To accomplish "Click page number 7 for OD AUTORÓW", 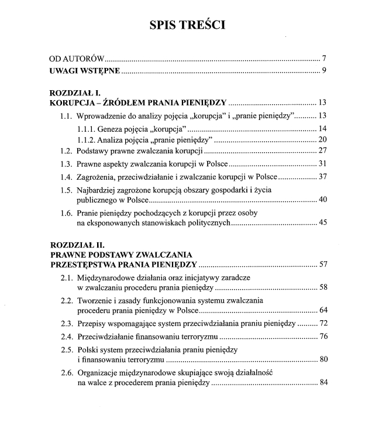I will click(x=323, y=60).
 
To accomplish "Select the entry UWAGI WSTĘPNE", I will click(x=84, y=71).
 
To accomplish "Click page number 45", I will click(x=322, y=223).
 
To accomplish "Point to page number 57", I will click(x=322, y=265).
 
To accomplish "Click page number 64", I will click(x=322, y=310).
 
